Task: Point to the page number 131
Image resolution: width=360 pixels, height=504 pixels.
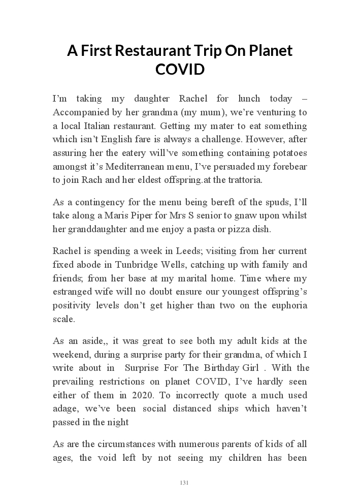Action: pyautogui.click(x=184, y=483)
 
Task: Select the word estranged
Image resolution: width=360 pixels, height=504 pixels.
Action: pyautogui.click(x=72, y=292)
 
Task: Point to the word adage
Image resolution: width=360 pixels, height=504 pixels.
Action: pyautogui.click(x=64, y=409)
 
